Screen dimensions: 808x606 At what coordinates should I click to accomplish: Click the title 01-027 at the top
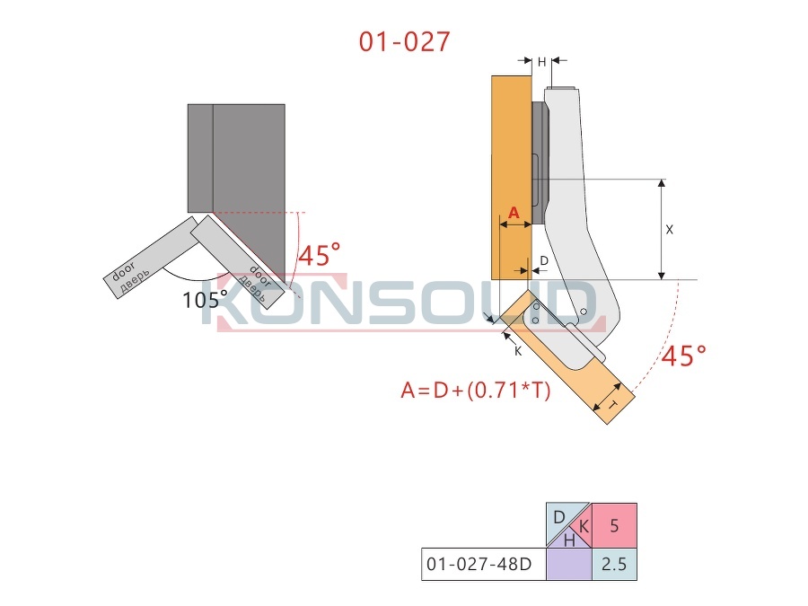[x=405, y=41]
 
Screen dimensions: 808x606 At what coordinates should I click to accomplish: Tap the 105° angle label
[x=205, y=300]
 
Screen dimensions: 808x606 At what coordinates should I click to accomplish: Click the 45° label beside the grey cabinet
[x=320, y=255]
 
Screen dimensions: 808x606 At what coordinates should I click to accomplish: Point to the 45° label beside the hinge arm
[x=684, y=356]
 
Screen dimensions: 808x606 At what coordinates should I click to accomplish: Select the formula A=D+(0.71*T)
[x=476, y=391]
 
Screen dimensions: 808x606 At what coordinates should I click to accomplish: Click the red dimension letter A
[x=514, y=212]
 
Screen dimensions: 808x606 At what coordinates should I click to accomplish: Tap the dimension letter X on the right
[x=670, y=230]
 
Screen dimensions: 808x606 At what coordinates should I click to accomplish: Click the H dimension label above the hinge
[x=541, y=62]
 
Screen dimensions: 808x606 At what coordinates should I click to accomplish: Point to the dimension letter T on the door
[x=612, y=405]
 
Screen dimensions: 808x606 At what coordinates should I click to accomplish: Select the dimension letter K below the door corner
[x=518, y=351]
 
